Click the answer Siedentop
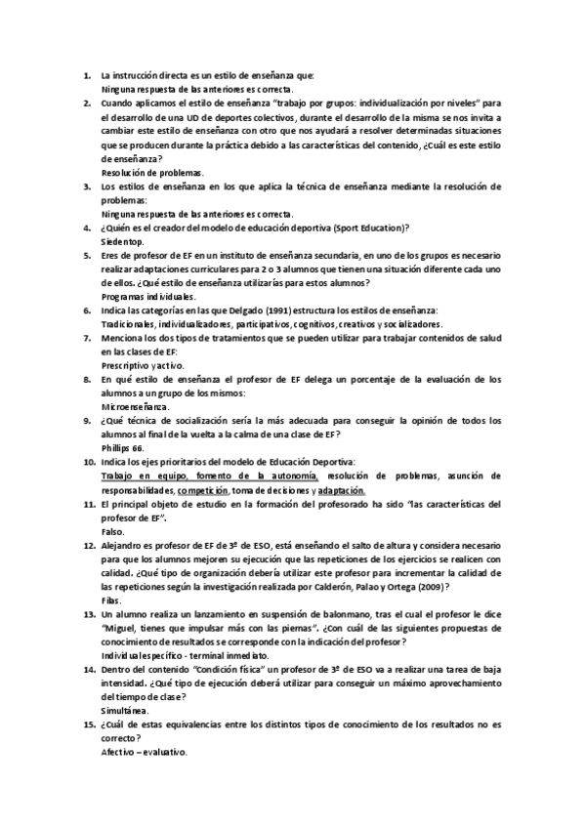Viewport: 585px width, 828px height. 123,239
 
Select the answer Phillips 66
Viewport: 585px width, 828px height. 123,446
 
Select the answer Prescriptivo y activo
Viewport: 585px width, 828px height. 143,363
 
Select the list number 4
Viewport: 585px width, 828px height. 88,227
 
